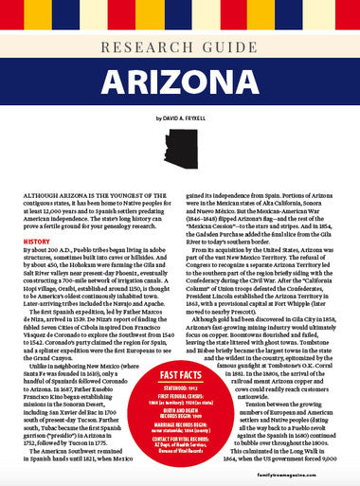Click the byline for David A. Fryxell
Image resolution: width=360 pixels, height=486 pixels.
(179, 117)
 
